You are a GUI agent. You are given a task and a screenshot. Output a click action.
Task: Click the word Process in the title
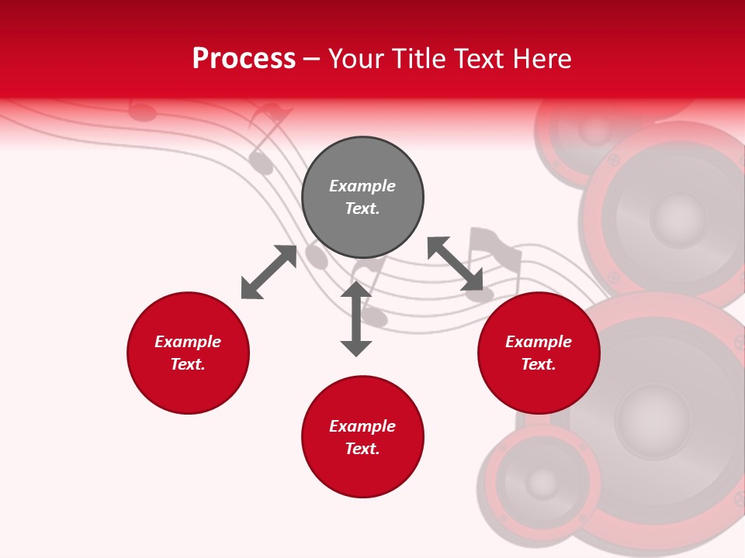click(244, 59)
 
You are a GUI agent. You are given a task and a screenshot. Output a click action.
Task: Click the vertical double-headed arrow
click(356, 319)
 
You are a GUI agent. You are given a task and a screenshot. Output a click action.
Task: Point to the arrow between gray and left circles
click(269, 272)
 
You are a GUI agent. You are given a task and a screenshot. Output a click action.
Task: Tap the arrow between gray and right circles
click(455, 263)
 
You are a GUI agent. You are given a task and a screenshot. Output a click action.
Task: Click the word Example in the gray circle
click(362, 186)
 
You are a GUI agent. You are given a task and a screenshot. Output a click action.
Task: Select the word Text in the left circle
click(188, 364)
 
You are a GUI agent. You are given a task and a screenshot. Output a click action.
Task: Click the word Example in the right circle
click(539, 342)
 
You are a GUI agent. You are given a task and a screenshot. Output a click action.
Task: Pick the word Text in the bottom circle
click(362, 449)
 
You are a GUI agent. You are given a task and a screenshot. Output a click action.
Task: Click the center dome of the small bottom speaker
click(541, 484)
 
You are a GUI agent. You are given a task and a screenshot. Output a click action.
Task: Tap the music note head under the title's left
click(142, 113)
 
